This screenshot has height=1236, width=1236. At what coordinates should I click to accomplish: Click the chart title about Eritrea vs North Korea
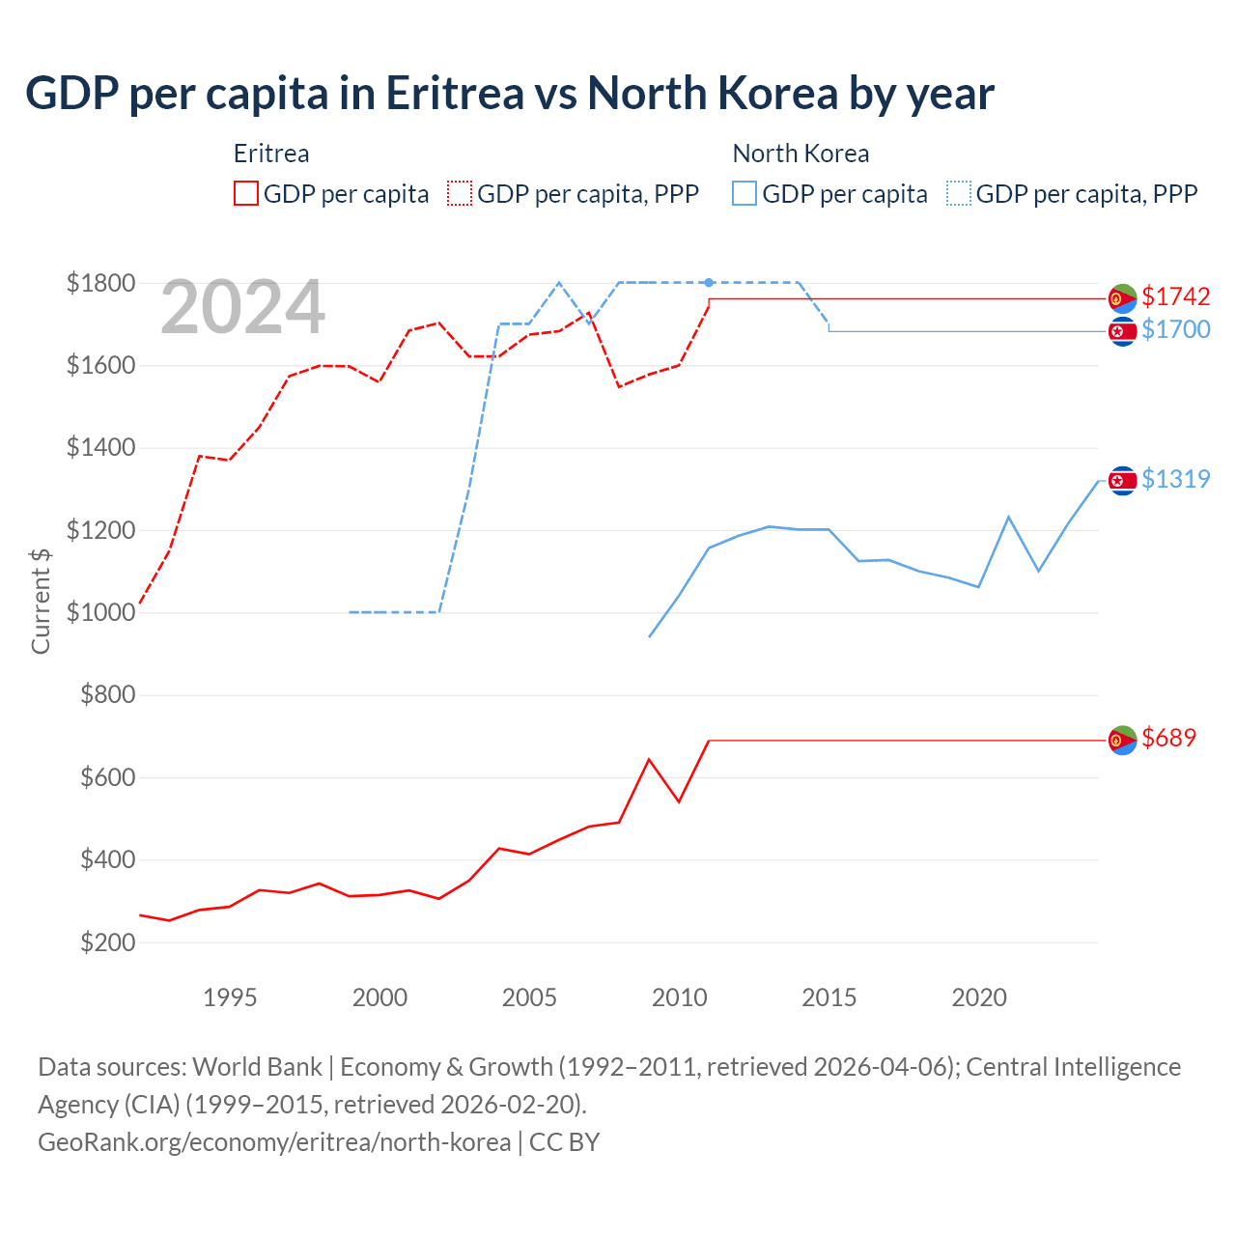[x=510, y=94]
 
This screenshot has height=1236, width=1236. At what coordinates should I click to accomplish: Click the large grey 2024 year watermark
[x=242, y=308]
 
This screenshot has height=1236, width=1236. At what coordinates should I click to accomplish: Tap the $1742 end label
[x=1175, y=296]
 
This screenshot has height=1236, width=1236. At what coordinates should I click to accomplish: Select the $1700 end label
[x=1175, y=329]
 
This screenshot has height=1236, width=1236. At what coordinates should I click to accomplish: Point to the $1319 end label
[x=1175, y=479]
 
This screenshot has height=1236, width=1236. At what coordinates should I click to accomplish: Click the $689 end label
[x=1168, y=738]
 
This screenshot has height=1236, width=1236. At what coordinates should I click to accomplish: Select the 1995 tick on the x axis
[x=230, y=997]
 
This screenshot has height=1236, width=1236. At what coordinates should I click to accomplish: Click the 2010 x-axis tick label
[x=679, y=997]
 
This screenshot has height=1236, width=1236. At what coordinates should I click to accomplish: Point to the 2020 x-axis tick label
[x=979, y=997]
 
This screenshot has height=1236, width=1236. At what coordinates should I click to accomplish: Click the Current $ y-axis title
[x=41, y=601]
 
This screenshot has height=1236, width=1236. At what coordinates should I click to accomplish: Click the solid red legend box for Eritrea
[x=246, y=193]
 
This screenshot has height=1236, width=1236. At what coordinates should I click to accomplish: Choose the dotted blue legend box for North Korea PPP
[x=959, y=193]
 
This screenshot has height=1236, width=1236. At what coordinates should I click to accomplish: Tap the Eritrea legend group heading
[x=271, y=154]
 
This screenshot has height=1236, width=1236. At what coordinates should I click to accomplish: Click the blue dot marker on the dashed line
[x=709, y=283]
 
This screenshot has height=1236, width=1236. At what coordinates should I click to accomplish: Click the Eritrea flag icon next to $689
[x=1122, y=740]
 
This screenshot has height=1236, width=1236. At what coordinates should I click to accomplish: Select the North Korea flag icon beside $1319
[x=1122, y=480]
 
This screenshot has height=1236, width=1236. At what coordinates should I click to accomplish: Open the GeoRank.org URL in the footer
[x=274, y=1142]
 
